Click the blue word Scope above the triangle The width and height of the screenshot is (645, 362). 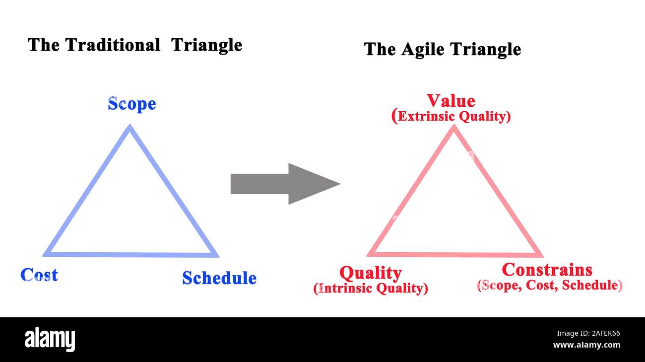coord(132,104)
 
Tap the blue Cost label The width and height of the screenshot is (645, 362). coord(39,275)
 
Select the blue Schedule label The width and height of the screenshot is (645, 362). coord(219,278)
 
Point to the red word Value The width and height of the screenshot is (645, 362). coord(451,101)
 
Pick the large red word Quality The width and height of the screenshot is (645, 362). coord(370,273)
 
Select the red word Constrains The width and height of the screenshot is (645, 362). coord(547,270)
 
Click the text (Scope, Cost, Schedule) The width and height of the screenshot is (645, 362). coord(549,286)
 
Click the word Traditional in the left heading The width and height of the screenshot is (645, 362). coord(113,45)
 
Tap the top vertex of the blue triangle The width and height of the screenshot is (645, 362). coord(129,127)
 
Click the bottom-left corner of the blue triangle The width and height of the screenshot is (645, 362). coord(46,255)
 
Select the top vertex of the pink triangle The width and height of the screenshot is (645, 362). coord(453,127)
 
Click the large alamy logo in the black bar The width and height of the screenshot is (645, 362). coord(50,340)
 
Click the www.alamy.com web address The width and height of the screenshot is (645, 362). coord(586,345)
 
